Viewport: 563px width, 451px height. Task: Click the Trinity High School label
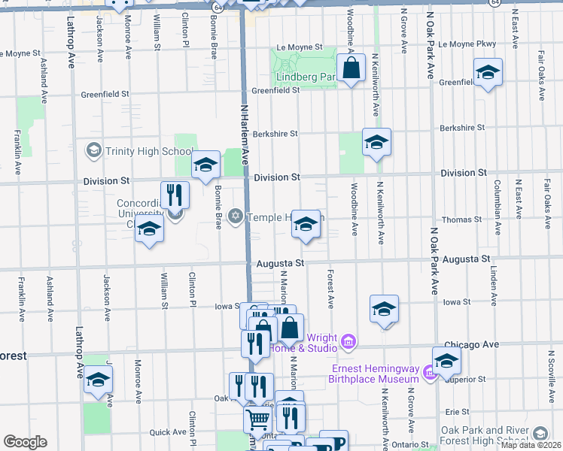click(x=148, y=151)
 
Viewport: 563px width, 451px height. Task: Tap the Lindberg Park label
click(x=305, y=77)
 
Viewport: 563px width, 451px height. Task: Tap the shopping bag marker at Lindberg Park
click(x=351, y=69)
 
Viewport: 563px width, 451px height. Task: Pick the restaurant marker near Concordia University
click(x=175, y=195)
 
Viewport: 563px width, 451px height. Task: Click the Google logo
click(x=25, y=442)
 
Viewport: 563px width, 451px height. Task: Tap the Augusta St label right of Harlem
click(x=279, y=264)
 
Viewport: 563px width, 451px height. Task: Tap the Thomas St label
click(x=461, y=219)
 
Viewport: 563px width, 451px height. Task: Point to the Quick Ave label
click(x=168, y=432)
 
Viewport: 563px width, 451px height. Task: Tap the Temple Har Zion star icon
click(x=235, y=216)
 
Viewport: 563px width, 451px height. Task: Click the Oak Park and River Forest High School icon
click(x=540, y=434)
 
